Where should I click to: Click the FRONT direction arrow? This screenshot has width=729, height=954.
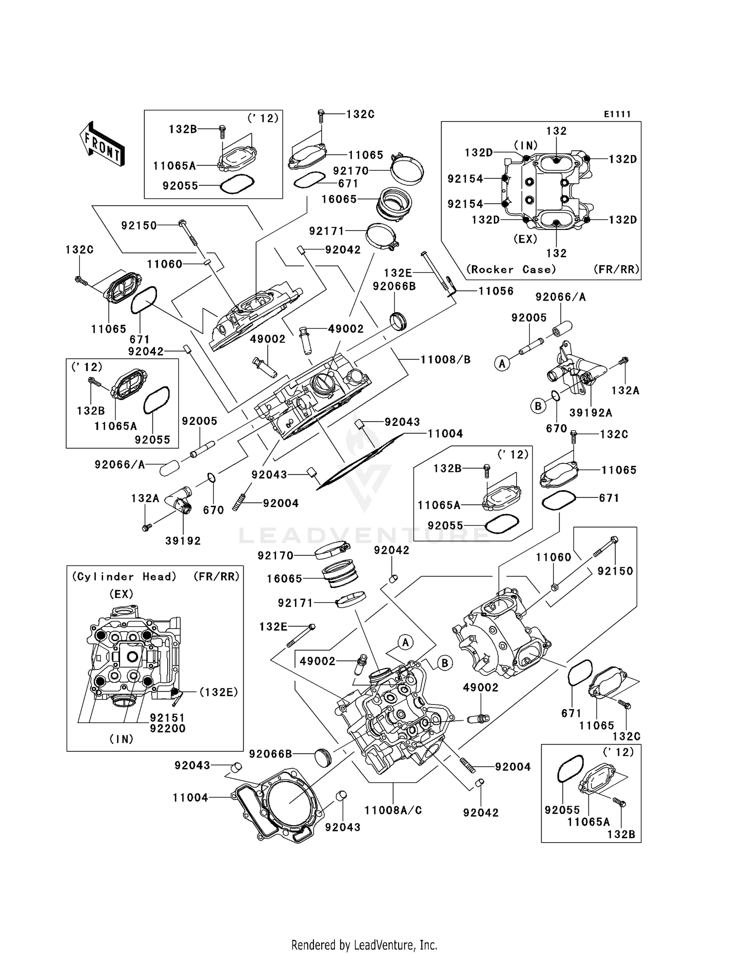click(103, 144)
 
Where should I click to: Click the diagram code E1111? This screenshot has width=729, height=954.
click(617, 114)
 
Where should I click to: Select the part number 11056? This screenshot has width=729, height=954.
click(496, 291)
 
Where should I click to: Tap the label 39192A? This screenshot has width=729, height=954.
click(590, 413)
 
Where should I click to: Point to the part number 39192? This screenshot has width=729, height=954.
click(183, 541)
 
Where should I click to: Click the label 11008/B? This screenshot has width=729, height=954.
click(445, 360)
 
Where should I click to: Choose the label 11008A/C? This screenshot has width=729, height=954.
click(393, 810)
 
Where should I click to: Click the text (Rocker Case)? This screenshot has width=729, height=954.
click(511, 269)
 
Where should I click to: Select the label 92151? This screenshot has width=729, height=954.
click(167, 718)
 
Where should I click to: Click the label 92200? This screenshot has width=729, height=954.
click(167, 728)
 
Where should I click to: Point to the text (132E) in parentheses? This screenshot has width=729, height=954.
click(219, 692)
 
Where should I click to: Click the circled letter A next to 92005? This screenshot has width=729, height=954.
click(502, 363)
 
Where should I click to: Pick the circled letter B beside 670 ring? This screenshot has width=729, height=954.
click(538, 406)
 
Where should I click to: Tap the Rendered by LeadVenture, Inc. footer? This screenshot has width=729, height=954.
click(364, 945)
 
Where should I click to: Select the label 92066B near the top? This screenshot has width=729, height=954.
click(394, 286)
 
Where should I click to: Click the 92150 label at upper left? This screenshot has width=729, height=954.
click(139, 226)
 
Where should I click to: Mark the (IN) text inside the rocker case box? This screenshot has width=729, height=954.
click(526, 145)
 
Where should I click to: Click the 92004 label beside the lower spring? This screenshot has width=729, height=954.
click(513, 767)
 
